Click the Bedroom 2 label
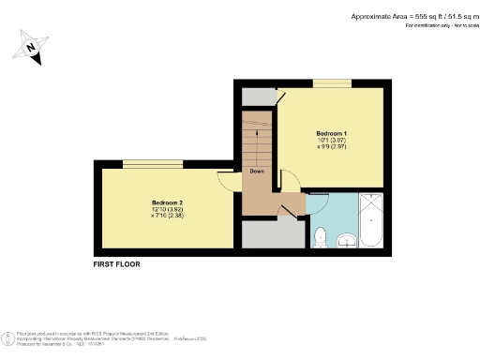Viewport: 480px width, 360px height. pos(167,202)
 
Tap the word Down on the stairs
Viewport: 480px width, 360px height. pos(256,172)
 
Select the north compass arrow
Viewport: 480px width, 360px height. pos(33,49)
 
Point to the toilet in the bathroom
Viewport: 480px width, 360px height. pos(320,235)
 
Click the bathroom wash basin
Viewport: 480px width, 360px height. pos(346,240)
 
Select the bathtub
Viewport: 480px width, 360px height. pos(371,220)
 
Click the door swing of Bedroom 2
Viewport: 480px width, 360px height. pos(228,182)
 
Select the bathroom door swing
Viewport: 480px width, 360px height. pos(317,200)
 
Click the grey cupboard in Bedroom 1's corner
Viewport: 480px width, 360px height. pos(257,95)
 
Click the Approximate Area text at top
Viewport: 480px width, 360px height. pos(413,16)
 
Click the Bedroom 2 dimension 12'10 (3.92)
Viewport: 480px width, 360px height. pos(166,210)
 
